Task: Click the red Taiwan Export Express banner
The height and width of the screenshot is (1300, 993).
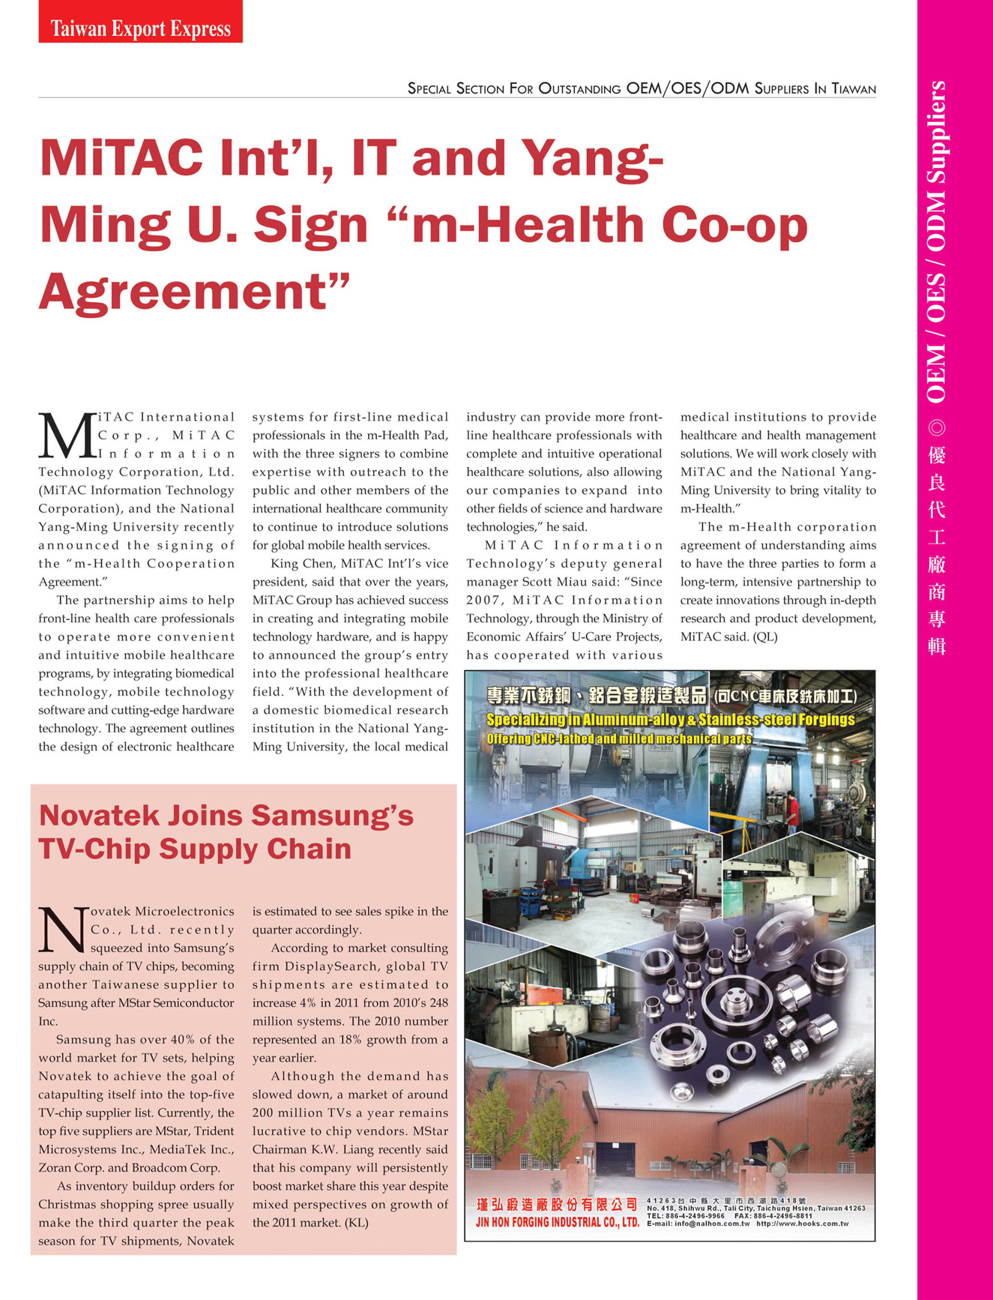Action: pyautogui.click(x=140, y=22)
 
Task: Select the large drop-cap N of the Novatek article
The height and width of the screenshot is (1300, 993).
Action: pyautogui.click(x=63, y=930)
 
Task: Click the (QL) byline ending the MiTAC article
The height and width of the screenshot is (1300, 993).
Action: pyautogui.click(x=765, y=637)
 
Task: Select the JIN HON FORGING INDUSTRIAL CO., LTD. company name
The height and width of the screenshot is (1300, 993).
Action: pyautogui.click(x=557, y=1222)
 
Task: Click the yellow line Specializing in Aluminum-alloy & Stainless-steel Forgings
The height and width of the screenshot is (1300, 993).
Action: pyautogui.click(x=670, y=720)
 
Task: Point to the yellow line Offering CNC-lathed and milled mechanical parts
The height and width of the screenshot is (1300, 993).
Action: pyautogui.click(x=618, y=739)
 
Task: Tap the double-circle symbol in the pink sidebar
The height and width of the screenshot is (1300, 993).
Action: pyautogui.click(x=937, y=428)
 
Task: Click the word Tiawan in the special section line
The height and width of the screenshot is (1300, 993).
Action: pyautogui.click(x=854, y=89)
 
